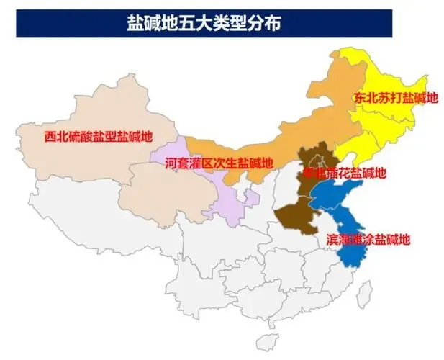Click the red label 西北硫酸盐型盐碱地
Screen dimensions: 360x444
99,135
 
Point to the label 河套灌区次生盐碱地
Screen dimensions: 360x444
219,163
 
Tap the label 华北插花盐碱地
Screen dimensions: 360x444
345,173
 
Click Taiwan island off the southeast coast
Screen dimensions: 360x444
366,292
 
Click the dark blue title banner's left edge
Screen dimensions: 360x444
18,24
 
